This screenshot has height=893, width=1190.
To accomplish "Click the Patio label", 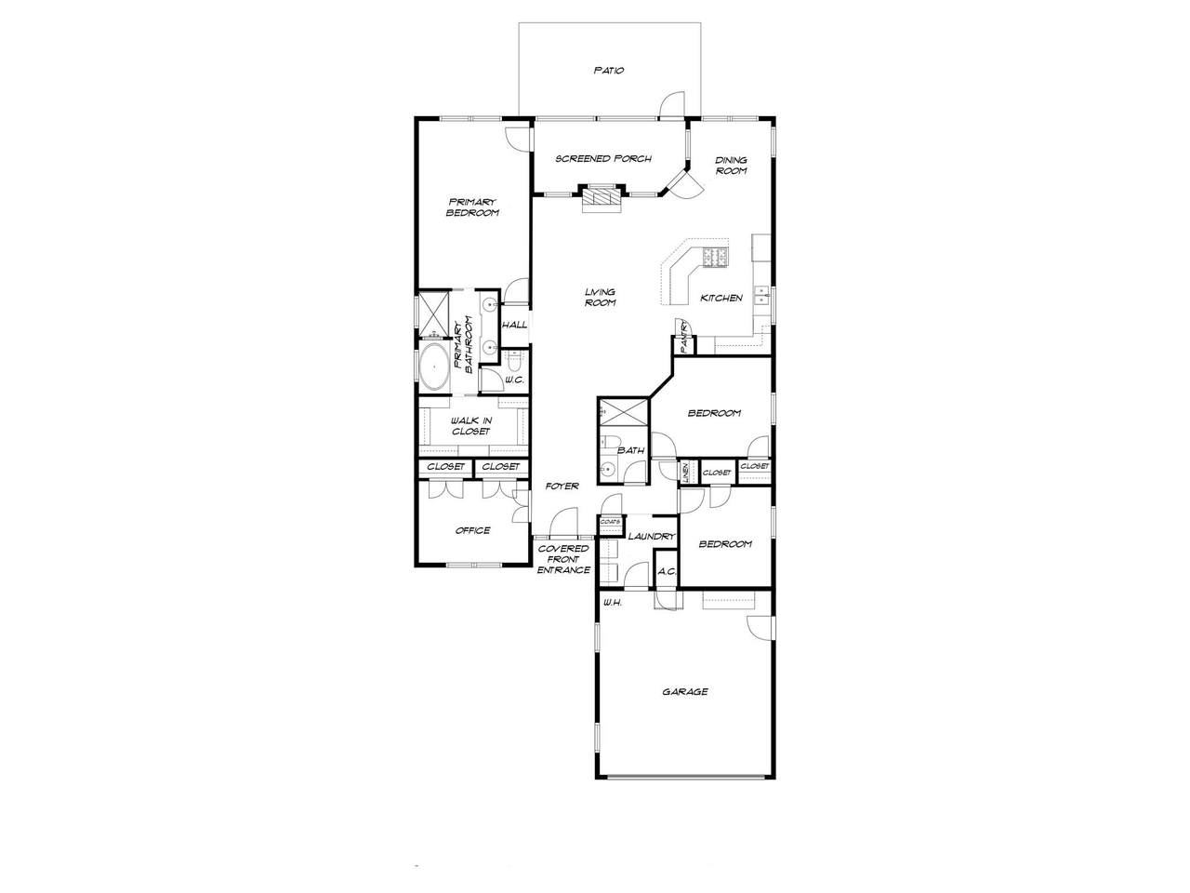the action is click(x=609, y=71).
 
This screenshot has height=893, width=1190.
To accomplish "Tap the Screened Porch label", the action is click(x=603, y=159).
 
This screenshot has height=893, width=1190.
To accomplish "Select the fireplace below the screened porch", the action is click(x=602, y=200).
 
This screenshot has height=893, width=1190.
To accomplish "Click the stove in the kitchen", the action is click(x=716, y=257).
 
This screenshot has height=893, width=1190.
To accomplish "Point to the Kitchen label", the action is click(x=721, y=299).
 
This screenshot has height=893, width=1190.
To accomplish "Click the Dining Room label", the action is click(x=731, y=166).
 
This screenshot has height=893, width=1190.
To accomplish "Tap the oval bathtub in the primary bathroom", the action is click(x=434, y=367).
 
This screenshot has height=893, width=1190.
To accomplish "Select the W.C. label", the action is click(x=514, y=380).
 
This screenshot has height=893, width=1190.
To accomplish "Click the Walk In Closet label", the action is click(x=471, y=426).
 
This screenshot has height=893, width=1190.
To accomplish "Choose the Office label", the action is click(x=473, y=531).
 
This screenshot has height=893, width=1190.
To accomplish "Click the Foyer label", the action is click(x=562, y=486).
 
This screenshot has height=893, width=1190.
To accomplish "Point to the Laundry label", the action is click(x=652, y=537).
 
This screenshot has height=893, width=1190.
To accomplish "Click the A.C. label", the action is click(x=667, y=571).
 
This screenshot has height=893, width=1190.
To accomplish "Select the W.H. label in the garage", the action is click(x=613, y=603).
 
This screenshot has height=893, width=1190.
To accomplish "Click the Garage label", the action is click(x=685, y=692).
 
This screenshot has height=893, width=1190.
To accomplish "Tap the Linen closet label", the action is click(x=686, y=473).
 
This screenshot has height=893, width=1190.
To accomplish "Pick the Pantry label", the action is click(x=685, y=339).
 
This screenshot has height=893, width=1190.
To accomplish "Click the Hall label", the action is click(x=514, y=326).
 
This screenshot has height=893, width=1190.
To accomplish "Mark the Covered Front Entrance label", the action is click(x=563, y=560).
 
